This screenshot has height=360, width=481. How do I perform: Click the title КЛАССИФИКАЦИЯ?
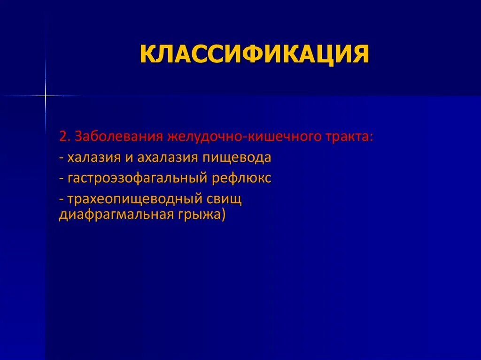[254, 54]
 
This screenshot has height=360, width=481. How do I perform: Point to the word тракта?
[350, 137]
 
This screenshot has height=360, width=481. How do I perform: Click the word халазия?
[94, 157]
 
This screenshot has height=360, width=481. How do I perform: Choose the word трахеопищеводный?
[135, 199]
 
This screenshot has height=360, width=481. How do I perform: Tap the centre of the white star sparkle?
[46, 96]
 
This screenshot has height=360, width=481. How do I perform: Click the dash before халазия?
[62, 158]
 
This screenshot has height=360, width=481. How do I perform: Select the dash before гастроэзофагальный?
[62, 179]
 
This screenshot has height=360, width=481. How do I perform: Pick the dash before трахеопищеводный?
[62, 199]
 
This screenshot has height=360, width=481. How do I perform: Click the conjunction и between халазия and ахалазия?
[129, 158]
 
